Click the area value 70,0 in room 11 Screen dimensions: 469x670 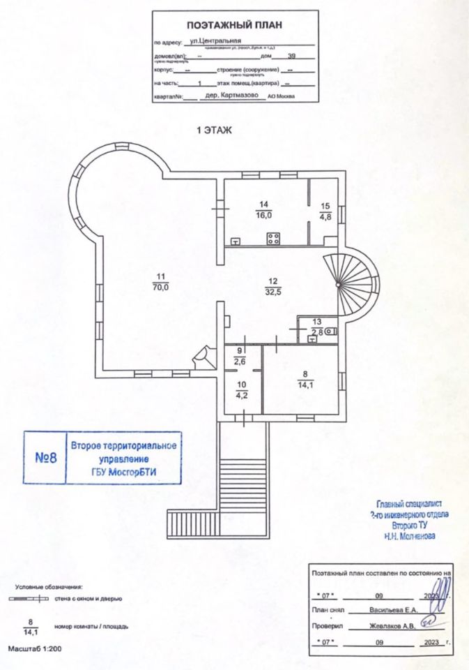point(162,286)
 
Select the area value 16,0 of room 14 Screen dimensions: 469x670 point(263,215)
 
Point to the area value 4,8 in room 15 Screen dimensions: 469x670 point(325,216)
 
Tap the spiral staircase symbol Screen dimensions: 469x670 point(352,279)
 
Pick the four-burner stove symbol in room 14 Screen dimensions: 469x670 point(273,239)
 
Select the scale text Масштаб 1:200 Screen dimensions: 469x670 point(35,649)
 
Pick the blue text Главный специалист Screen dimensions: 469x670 point(410,504)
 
